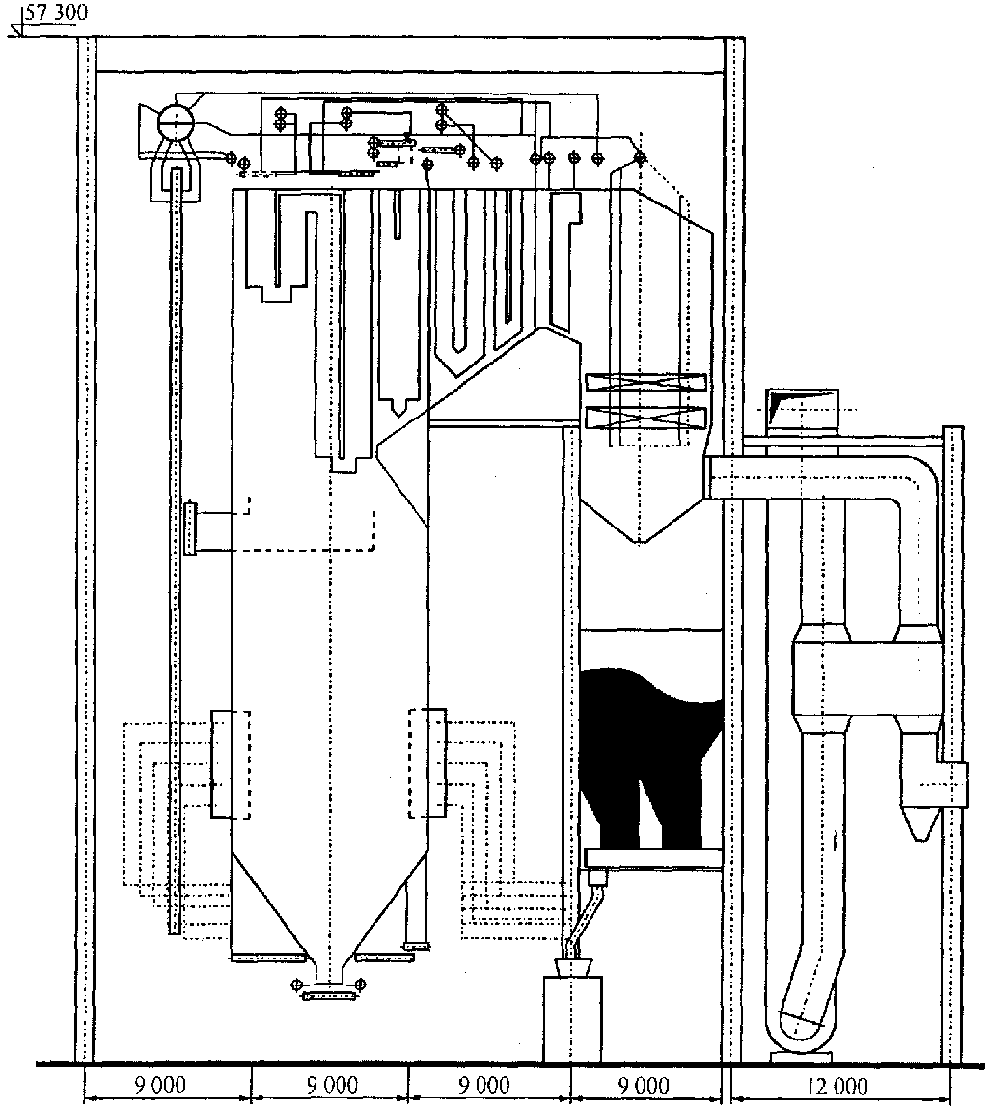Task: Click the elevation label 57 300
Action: [57, 13]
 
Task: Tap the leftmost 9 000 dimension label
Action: [162, 1085]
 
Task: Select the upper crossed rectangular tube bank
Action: [645, 382]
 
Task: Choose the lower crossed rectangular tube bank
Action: [645, 417]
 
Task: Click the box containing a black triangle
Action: [802, 410]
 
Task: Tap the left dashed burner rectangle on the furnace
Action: [231, 765]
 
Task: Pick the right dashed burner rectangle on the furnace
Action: [427, 763]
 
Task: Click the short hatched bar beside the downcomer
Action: [189, 527]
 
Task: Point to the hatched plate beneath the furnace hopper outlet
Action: [329, 996]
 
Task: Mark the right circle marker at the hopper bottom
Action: [360, 983]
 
